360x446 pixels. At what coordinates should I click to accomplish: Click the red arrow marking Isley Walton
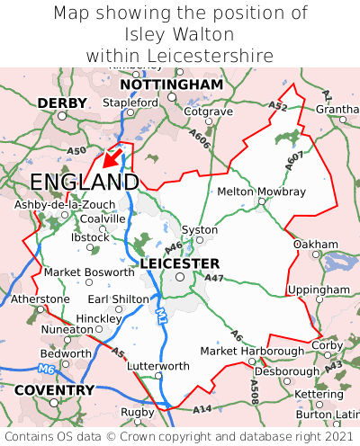(x=112, y=158)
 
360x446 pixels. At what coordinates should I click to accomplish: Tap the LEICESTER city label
(x=180, y=263)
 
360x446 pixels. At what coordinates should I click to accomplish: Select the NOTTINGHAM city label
(x=171, y=84)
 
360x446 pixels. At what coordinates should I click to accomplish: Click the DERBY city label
(x=62, y=103)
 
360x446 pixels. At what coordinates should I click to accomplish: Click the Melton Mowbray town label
(x=261, y=192)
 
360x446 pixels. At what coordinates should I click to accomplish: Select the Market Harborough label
(x=251, y=351)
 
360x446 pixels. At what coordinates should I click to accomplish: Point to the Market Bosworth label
(x=88, y=272)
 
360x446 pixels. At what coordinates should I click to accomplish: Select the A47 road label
(x=214, y=278)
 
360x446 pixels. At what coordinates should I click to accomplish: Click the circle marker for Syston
(x=200, y=240)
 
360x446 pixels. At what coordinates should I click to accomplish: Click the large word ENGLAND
(x=84, y=183)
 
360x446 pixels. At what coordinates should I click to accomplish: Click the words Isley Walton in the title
(x=180, y=34)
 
